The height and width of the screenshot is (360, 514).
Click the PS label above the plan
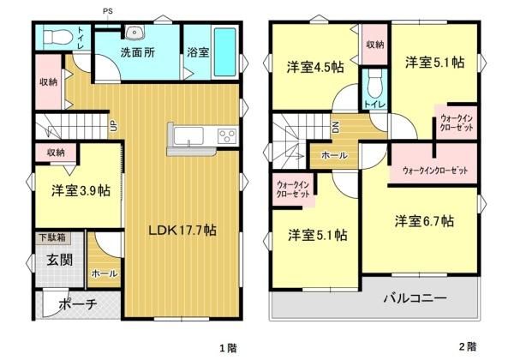[x=108, y=11]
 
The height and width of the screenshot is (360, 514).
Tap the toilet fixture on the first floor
[x=57, y=37]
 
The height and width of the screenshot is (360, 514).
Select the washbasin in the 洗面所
[x=134, y=32]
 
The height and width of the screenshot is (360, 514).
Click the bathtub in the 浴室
[x=224, y=52]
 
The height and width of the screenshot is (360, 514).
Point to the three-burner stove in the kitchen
[x=227, y=135]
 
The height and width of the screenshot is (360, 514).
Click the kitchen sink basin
[x=188, y=136]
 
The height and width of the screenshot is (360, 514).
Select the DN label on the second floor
[x=336, y=127]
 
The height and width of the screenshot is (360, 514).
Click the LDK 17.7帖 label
[x=182, y=231]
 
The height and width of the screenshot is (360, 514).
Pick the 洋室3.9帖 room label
[x=81, y=190]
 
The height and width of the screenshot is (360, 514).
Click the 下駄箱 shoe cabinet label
[x=52, y=237]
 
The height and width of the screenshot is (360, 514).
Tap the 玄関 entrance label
[x=60, y=260]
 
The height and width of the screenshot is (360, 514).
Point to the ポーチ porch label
[x=78, y=304]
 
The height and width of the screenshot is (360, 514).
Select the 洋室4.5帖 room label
[x=315, y=68]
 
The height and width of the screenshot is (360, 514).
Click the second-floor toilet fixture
[x=374, y=85]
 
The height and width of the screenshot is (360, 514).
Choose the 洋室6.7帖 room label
[x=425, y=221]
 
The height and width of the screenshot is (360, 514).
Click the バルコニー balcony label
[x=415, y=298]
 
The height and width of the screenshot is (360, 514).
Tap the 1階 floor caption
[x=228, y=347]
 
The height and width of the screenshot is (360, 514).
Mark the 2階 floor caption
[x=468, y=347]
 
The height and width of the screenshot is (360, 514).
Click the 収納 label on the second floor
[x=375, y=45]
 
